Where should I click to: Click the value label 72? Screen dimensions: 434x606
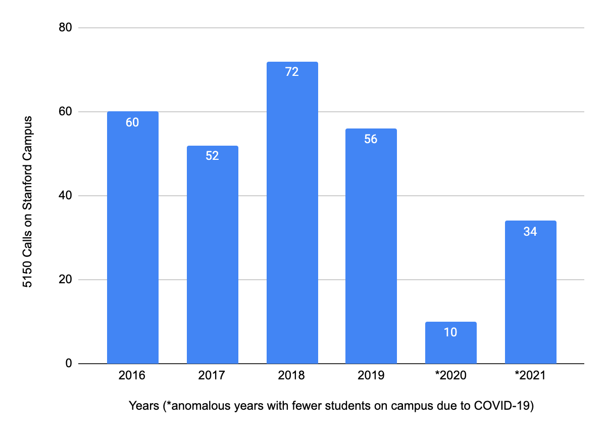pos(292,72)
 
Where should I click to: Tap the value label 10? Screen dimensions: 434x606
pos(450,332)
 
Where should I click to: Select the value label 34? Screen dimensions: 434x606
pos(530,232)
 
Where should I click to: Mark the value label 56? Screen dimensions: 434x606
pos(371,139)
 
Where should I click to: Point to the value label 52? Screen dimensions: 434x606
pos(212,156)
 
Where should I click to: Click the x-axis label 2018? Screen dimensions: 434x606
pos(292,376)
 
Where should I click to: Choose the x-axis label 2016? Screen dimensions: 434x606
pos(132,376)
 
